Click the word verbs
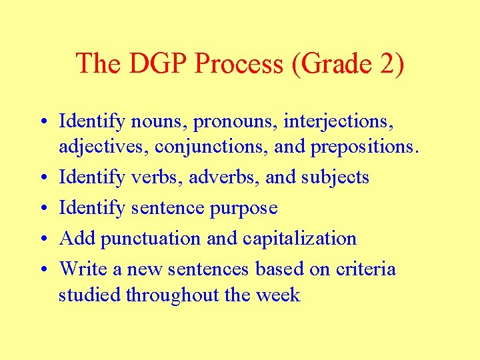coord(153,177)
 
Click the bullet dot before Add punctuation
coord(42,239)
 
